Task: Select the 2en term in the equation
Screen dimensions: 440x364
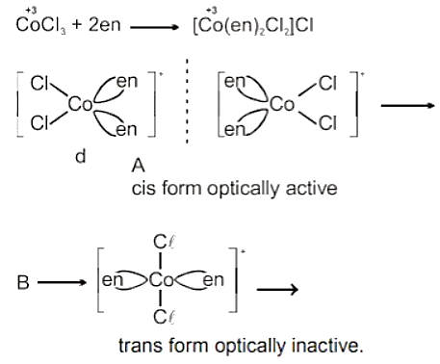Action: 105,24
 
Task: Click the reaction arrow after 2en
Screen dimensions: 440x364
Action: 154,27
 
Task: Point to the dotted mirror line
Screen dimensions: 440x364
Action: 187,101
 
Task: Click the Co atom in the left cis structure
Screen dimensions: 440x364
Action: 80,104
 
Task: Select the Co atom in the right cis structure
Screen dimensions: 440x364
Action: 281,104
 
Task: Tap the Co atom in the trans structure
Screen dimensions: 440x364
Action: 162,280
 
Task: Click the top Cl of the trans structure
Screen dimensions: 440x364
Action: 164,243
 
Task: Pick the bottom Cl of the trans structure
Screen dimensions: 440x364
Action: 164,317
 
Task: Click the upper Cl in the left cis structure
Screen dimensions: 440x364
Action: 39,84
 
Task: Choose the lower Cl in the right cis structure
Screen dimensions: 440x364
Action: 327,123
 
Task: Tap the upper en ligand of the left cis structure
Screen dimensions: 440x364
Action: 127,82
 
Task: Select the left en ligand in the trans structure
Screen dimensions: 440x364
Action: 113,280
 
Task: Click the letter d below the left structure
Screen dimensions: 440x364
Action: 81,156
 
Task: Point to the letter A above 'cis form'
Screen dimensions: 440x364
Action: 139,166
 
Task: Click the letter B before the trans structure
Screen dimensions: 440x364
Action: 23,283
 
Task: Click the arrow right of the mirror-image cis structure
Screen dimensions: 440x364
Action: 407,105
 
